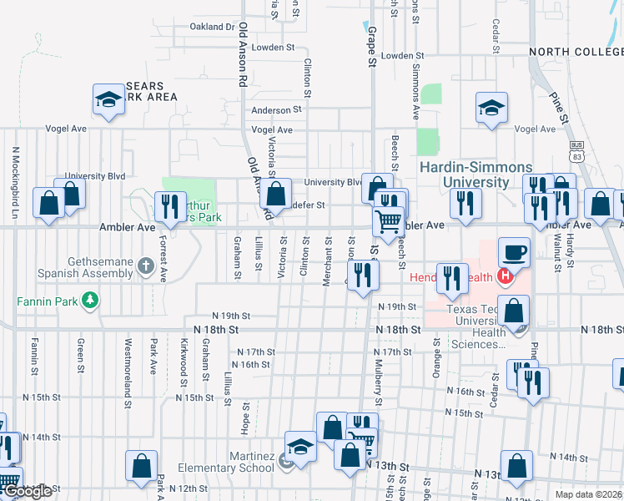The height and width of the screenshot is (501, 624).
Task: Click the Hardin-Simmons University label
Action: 464,174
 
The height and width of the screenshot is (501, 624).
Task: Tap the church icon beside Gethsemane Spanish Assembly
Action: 146,267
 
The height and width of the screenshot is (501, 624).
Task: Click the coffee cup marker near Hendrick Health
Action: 513,252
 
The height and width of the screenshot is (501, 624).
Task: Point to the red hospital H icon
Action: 504,276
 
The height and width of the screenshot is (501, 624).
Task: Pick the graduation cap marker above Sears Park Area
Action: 108,100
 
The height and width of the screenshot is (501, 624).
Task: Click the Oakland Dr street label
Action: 213,27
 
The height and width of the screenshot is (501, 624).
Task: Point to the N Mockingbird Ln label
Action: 15,184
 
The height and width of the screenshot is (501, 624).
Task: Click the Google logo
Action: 28,491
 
